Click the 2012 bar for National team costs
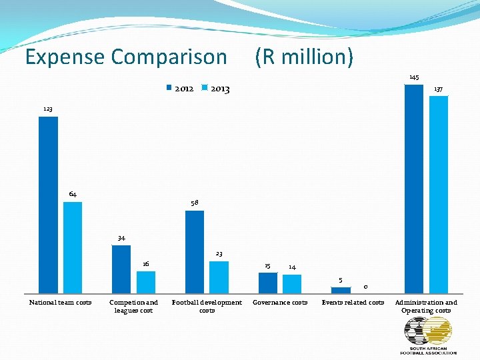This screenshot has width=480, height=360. click(48, 205)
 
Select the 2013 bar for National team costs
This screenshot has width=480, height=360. click(73, 247)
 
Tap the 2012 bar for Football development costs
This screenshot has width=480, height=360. click(195, 252)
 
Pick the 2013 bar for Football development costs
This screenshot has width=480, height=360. click(219, 277)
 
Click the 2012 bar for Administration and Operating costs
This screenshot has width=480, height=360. click(414, 189)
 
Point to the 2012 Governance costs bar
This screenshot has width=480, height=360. click(267, 283)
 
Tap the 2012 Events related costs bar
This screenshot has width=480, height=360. click(341, 290)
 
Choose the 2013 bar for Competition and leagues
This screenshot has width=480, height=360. click(146, 282)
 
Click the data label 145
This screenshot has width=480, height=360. click(414, 77)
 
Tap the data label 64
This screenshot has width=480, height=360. click(73, 194)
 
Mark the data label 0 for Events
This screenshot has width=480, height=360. click(365, 287)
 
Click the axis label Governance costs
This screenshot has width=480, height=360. click(280, 303)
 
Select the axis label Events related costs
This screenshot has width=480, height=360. click(353, 303)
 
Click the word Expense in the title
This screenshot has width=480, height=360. click(65, 57)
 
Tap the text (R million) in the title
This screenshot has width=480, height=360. click(304, 57)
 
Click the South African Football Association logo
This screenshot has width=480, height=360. click(428, 335)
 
